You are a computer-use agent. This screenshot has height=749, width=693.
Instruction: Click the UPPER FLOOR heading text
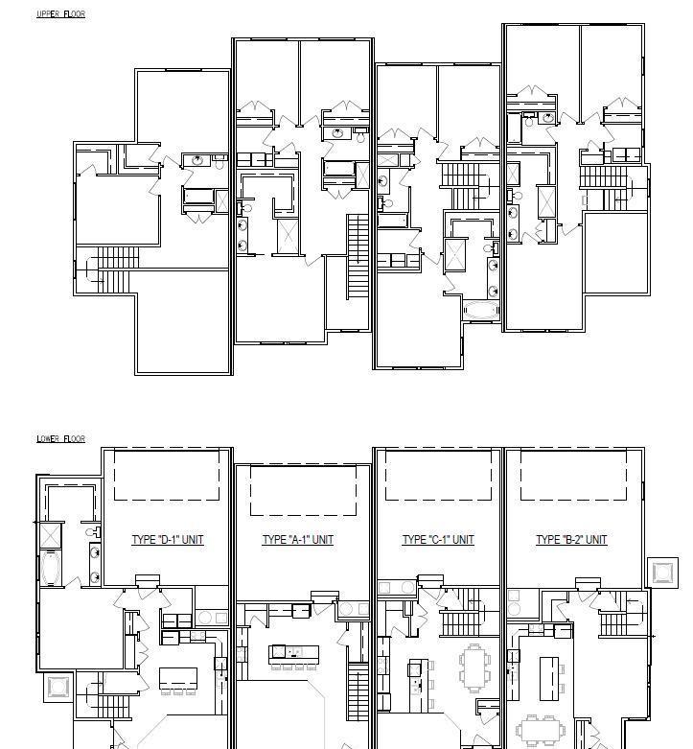click(60, 14)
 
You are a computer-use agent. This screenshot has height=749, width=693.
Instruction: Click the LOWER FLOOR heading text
click(60, 438)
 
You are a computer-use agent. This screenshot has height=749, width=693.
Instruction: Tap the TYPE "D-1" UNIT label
click(168, 540)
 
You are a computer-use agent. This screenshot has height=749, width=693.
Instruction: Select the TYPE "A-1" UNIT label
click(298, 540)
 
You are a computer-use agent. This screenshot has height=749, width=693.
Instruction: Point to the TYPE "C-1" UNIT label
click(438, 540)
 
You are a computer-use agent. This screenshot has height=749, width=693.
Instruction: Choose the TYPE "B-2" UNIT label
click(571, 540)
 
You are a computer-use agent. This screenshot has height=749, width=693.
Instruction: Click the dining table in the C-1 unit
click(474, 668)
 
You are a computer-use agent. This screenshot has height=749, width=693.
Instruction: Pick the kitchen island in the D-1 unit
click(178, 678)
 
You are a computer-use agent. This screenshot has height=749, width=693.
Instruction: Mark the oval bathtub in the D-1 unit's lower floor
click(51, 568)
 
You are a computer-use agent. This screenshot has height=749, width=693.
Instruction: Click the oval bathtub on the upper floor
click(480, 311)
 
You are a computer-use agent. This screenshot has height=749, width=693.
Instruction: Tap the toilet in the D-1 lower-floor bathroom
click(94, 531)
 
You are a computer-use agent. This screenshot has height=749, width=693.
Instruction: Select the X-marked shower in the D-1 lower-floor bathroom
click(51, 535)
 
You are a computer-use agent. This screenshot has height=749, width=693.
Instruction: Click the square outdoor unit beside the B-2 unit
click(662, 573)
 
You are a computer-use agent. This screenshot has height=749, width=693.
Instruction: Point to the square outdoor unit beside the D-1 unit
click(58, 687)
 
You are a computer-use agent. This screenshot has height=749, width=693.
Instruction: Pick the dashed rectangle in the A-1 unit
click(304, 491)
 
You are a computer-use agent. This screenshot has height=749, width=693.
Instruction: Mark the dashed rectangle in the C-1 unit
click(438, 475)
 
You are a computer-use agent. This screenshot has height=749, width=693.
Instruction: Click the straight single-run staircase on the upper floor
click(358, 256)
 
